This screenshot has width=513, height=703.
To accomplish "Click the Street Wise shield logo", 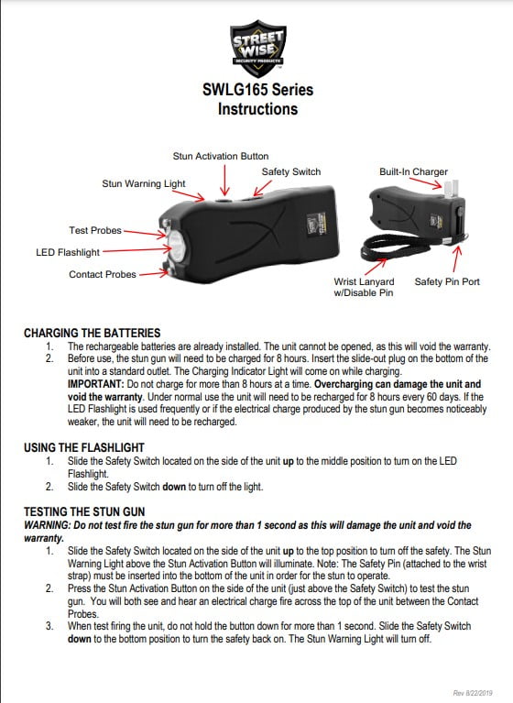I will coord(257,47).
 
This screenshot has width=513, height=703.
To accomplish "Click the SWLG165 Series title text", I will coord(257,90).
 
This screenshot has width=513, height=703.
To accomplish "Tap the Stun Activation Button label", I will coord(221,157).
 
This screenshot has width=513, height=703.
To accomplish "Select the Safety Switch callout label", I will coord(291,171).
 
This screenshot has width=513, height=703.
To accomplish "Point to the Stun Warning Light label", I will coord(144,183).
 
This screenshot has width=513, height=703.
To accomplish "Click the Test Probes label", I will coord(95,230).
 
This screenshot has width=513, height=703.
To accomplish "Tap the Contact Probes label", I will coord(103,274).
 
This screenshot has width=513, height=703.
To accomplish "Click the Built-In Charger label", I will coord(413,171).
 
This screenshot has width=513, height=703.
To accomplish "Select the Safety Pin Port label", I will coord(447,281).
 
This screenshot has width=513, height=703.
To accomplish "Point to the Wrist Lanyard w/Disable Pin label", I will coord(363,287).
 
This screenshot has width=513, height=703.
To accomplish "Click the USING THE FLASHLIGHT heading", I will coord(88,446).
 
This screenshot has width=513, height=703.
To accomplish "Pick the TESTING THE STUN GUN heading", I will coord(85,509).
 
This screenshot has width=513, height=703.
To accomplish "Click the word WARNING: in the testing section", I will coord(47,525).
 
